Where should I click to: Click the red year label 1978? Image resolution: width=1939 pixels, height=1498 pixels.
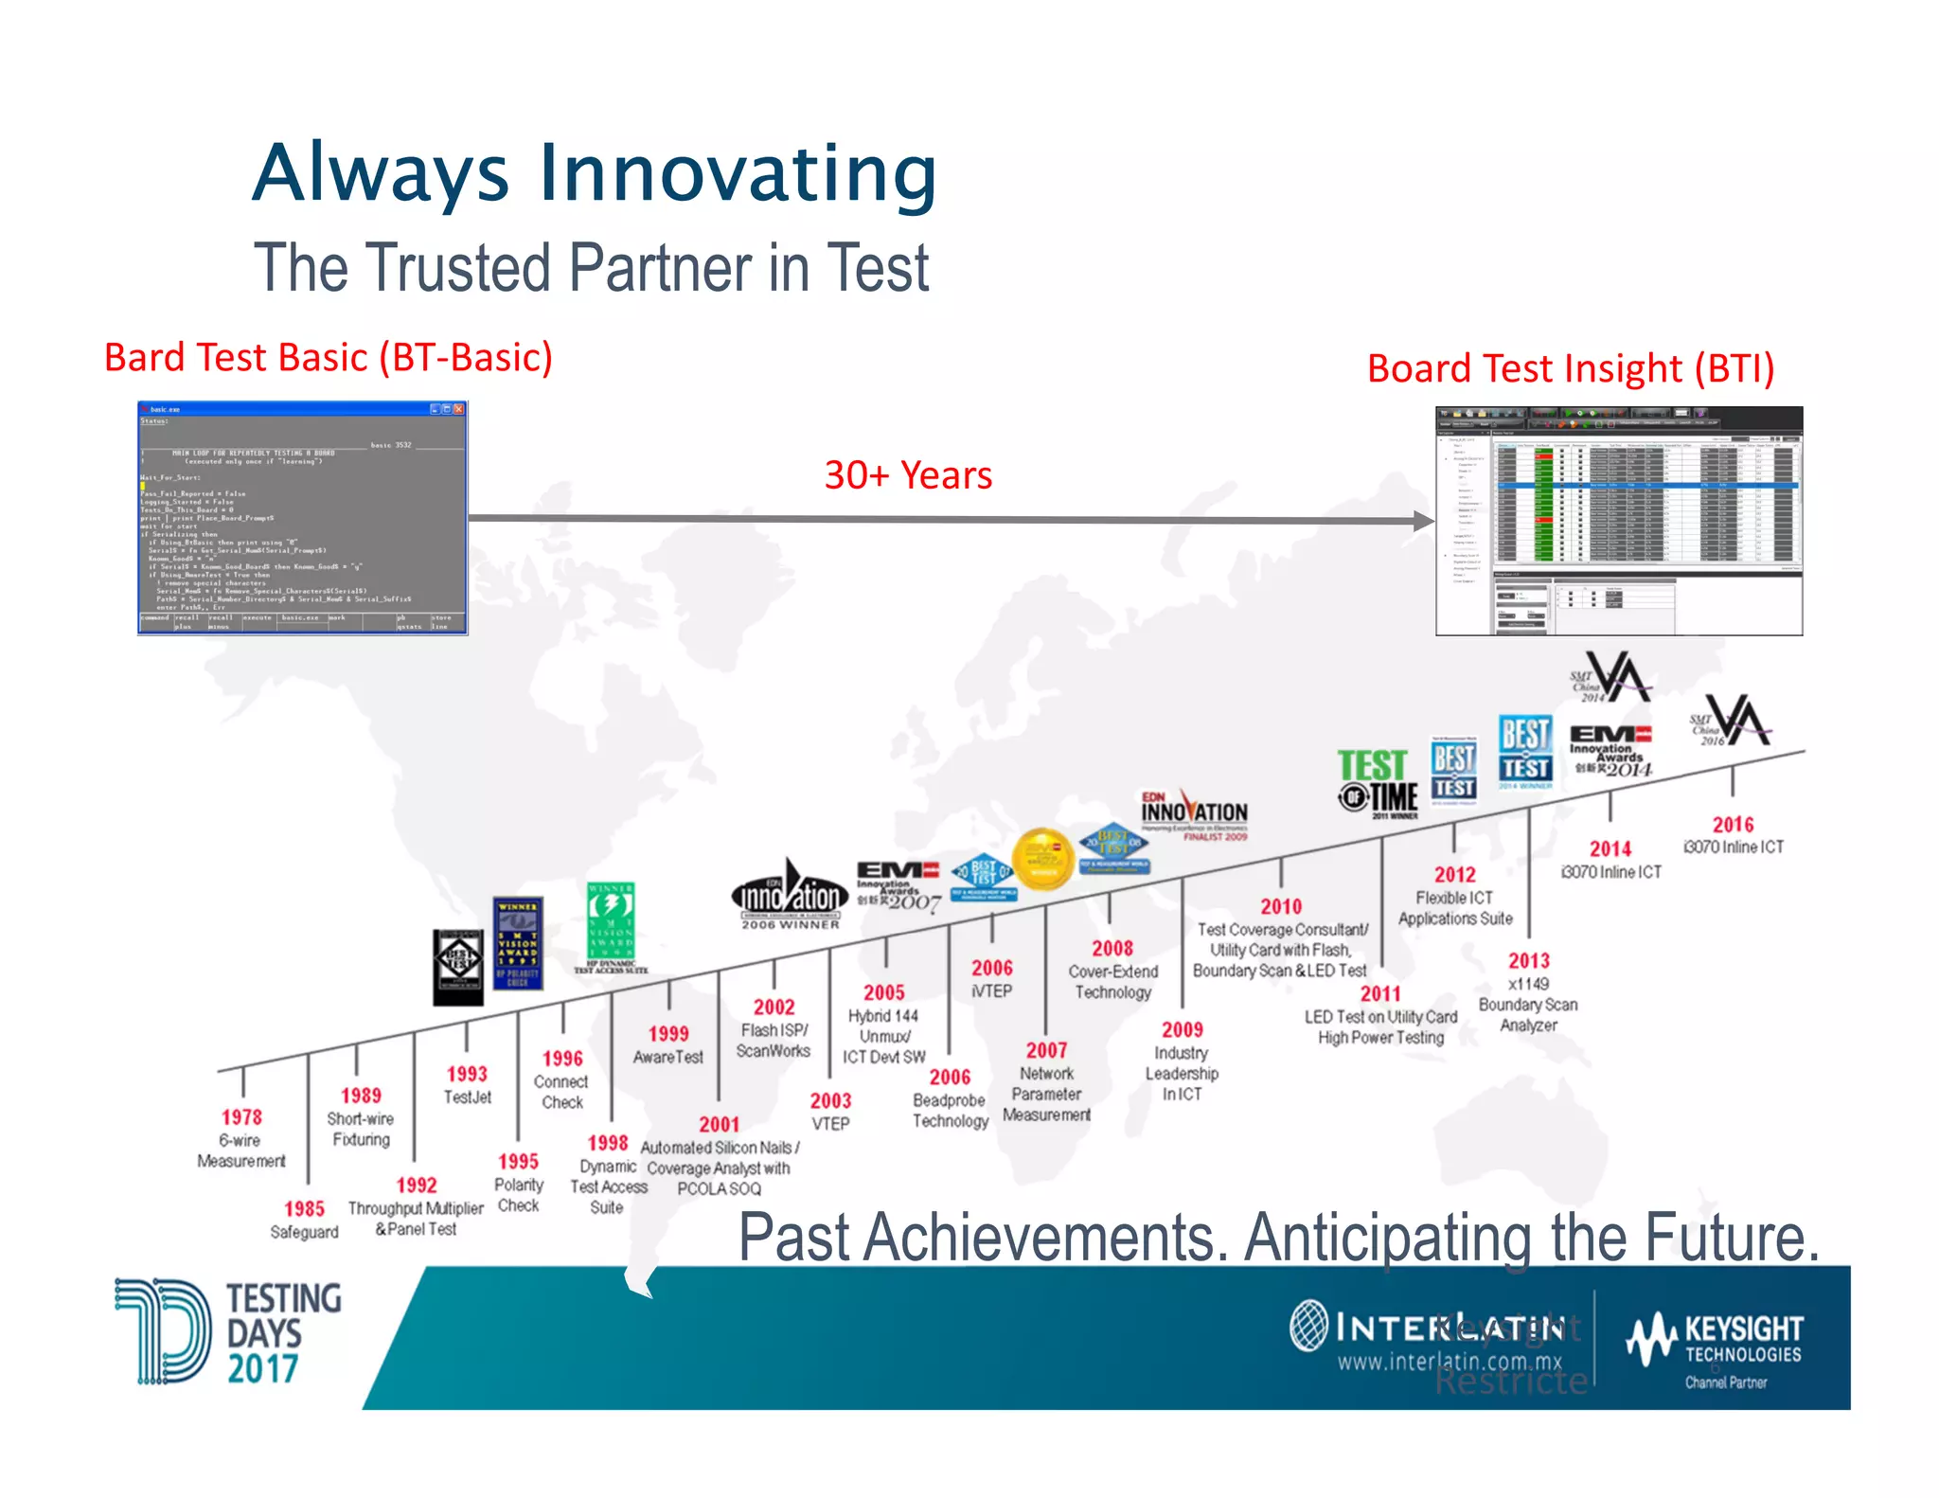[241, 1117]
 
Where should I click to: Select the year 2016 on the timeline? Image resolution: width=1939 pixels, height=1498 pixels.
[1733, 824]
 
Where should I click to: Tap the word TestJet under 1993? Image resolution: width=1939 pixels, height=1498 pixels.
[468, 1097]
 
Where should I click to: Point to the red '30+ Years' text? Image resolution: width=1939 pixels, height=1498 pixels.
[908, 475]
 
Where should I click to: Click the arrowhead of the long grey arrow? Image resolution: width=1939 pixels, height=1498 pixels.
[1424, 521]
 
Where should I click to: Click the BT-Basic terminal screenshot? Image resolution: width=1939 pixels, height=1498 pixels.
[303, 518]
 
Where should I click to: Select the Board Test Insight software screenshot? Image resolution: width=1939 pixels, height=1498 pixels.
[1619, 521]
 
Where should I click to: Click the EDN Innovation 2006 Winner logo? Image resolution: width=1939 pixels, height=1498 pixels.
[790, 895]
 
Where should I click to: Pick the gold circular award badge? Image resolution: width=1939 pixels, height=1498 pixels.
[1042, 859]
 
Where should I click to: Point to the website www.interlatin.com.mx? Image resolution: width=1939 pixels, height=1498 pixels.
[1450, 1362]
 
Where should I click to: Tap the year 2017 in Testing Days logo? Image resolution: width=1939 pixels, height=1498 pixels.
[262, 1369]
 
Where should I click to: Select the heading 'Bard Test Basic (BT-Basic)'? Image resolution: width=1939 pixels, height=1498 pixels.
[328, 358]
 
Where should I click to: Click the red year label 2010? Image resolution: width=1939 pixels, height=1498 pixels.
[1280, 906]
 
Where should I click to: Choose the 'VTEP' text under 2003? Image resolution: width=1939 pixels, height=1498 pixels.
[830, 1124]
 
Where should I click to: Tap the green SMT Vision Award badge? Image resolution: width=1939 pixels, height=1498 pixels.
[611, 923]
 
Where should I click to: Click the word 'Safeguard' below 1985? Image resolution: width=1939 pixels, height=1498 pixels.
[304, 1232]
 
